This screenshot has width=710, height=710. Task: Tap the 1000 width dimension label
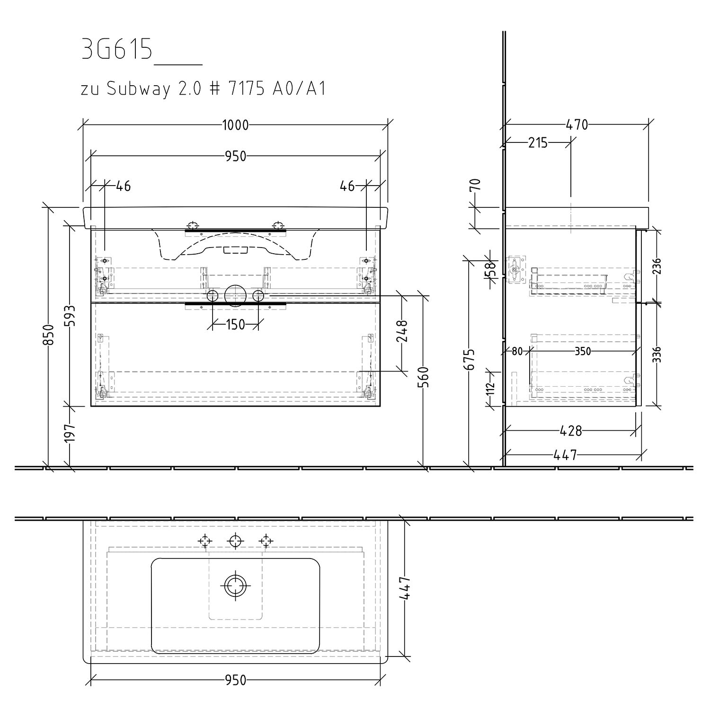pos(235,125)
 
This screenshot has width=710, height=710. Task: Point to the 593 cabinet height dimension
pos(70,314)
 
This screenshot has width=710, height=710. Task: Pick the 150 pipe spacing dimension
pos(235,324)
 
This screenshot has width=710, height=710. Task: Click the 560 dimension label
pos(424,378)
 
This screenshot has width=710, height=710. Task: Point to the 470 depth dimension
pos(577,125)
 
